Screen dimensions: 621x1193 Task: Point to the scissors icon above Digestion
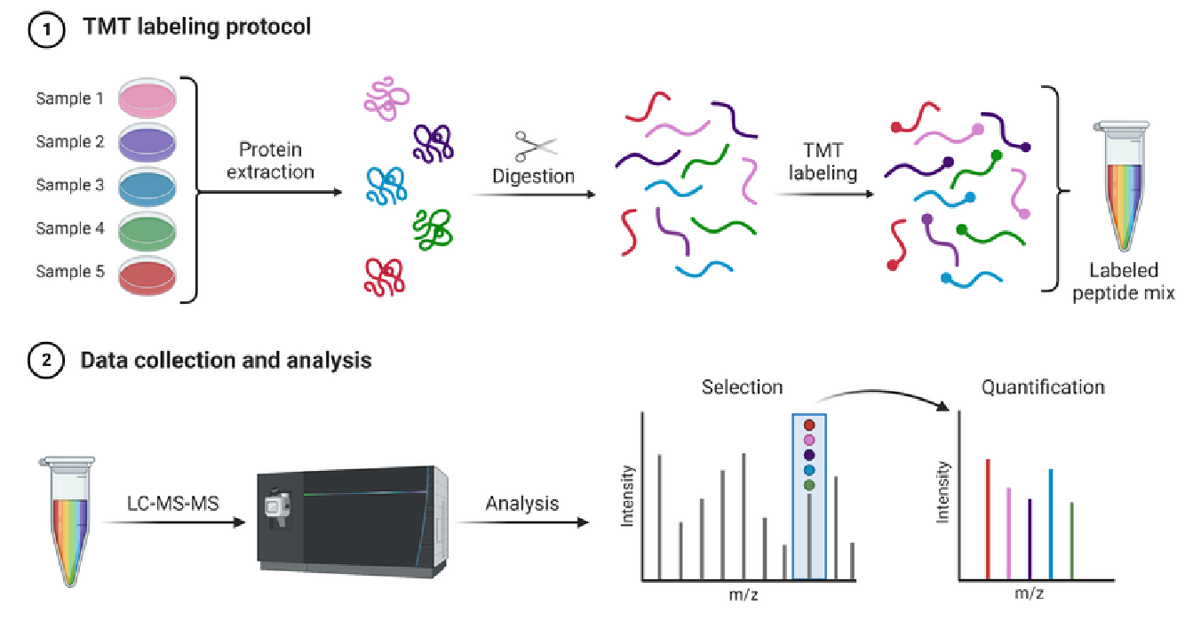(x=534, y=146)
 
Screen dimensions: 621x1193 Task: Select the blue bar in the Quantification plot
(x=1051, y=523)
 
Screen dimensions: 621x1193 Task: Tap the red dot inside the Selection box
(x=809, y=426)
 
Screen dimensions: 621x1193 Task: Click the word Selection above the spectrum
(x=742, y=387)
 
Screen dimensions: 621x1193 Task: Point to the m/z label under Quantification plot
(x=1029, y=593)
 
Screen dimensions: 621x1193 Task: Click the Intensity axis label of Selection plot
(x=628, y=496)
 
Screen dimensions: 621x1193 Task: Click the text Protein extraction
(x=270, y=160)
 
